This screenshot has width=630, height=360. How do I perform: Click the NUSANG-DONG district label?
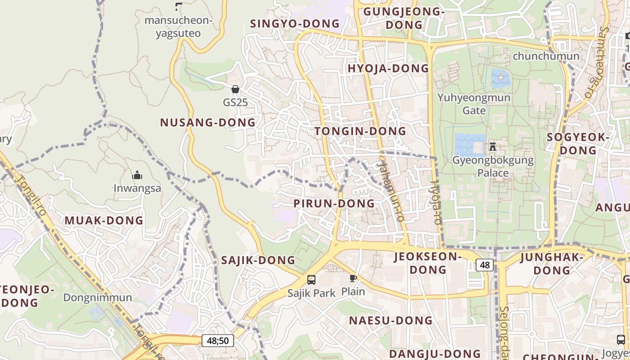[x=208, y=122]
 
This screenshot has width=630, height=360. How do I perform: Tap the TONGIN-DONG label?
[x=360, y=131]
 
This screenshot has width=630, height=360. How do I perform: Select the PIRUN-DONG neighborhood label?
[x=334, y=203]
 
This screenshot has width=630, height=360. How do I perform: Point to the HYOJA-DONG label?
[x=388, y=68]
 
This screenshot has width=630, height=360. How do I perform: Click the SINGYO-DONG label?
[x=295, y=24]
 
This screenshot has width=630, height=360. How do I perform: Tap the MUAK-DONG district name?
[x=104, y=220]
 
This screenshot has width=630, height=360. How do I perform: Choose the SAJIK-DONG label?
[x=258, y=260]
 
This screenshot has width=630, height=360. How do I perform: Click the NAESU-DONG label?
[x=391, y=320]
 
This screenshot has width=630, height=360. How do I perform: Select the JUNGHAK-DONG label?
[x=552, y=264]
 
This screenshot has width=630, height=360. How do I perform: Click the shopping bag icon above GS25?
[x=235, y=89]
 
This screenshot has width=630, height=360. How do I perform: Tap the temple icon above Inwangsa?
[x=137, y=175]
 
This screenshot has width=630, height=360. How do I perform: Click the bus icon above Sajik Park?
[x=311, y=280]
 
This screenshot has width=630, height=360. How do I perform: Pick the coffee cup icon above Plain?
[x=353, y=278]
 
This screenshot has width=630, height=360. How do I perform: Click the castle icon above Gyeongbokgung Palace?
[x=493, y=147]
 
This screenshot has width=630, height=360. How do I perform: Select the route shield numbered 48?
[x=485, y=265]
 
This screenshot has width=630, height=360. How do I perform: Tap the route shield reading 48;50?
[x=218, y=341]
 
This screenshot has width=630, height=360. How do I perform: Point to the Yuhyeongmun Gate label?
[x=474, y=104]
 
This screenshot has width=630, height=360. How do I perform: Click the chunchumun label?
[x=546, y=56]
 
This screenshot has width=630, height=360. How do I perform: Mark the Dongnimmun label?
[x=98, y=297]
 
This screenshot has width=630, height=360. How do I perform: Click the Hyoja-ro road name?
[x=436, y=202]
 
